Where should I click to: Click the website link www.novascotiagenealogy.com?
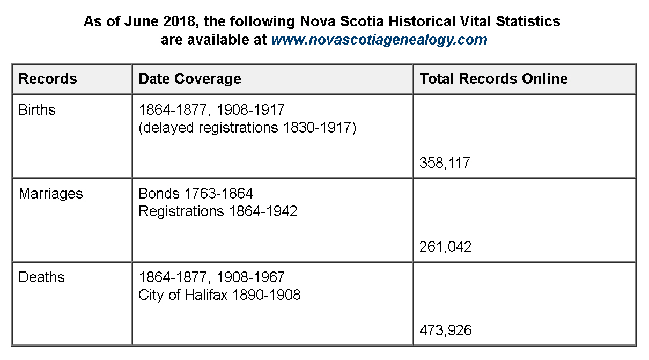379,40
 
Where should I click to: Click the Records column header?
48,79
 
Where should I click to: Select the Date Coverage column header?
189,79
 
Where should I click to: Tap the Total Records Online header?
493,79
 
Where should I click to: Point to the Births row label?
37,110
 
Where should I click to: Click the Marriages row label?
50,194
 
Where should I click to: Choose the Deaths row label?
41,277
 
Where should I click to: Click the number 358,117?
445,163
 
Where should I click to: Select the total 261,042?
446,247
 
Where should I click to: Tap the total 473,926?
446,330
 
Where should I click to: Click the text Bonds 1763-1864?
195,194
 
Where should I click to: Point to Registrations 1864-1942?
217,211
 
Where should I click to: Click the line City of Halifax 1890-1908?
219,295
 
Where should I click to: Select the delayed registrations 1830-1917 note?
247,128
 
